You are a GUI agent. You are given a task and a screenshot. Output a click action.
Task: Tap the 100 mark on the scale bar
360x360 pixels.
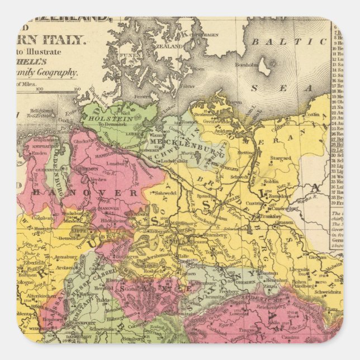39,88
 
